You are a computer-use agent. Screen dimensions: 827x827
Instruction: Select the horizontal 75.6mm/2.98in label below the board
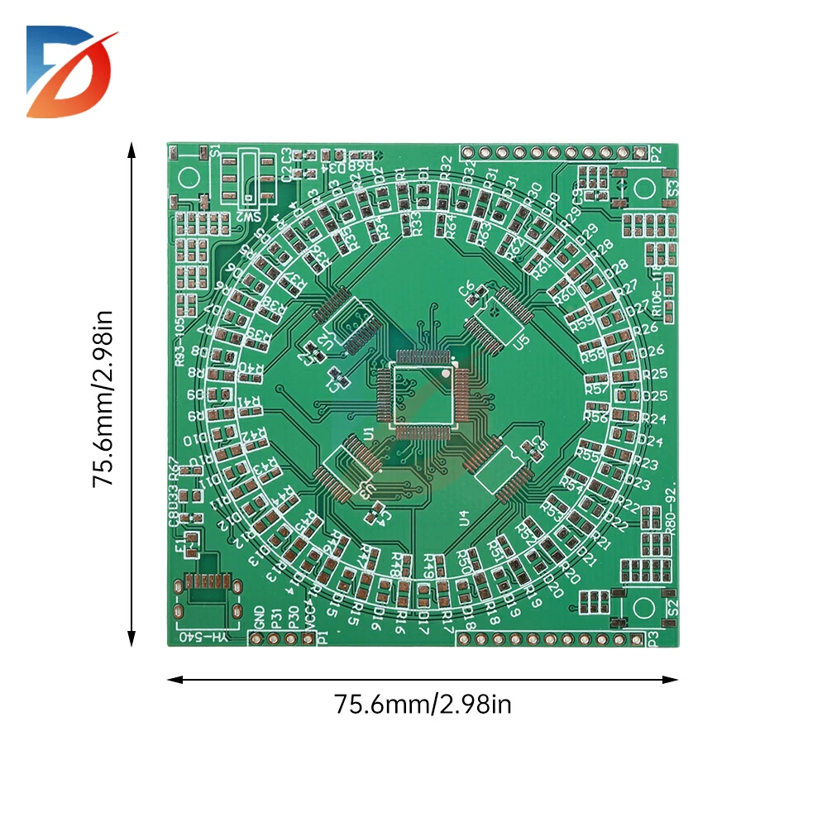[423, 705]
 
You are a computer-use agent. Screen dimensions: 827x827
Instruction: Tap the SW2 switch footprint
[247, 178]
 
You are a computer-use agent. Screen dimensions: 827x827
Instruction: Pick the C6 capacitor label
[467, 289]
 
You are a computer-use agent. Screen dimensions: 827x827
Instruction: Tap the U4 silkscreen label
[464, 519]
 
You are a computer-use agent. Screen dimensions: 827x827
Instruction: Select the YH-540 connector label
[203, 638]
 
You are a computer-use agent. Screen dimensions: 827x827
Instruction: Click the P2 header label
[656, 153]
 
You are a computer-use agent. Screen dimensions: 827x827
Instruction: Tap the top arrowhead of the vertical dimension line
[131, 148]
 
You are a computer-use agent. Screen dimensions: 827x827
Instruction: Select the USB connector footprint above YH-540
[207, 589]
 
